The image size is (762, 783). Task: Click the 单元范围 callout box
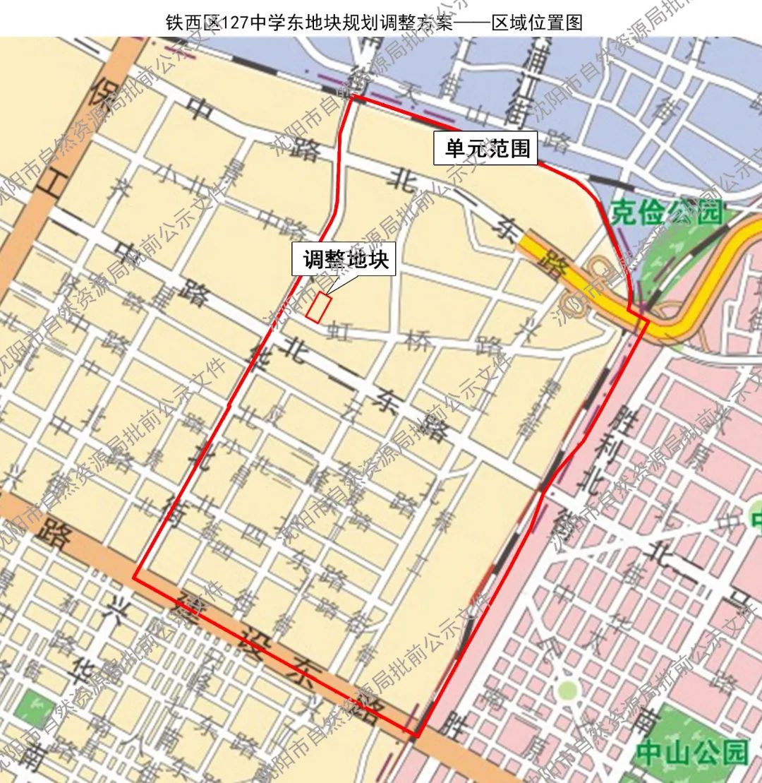[487, 148]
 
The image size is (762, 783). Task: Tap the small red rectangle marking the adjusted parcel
[319, 308]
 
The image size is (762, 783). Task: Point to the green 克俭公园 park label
[667, 212]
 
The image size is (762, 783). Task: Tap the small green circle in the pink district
[567, 689]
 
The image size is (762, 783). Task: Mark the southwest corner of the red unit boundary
[135, 578]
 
